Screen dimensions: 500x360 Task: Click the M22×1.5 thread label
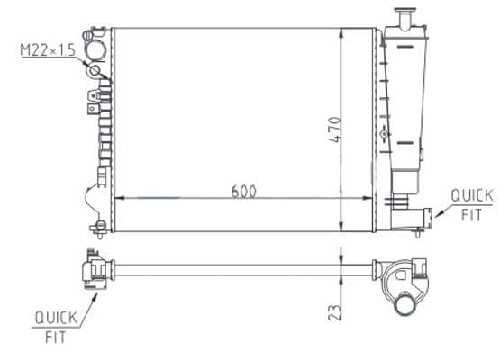point(48,50)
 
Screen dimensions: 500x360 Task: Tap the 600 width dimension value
point(243,192)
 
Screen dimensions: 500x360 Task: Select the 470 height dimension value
point(334,130)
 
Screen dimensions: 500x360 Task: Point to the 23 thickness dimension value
point(334,312)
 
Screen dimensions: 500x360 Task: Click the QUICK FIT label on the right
point(472,205)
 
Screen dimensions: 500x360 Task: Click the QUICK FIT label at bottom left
point(56,327)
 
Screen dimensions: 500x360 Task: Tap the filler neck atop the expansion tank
point(405,19)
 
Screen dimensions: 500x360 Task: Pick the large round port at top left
point(95,50)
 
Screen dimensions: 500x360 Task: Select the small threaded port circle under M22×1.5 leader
point(95,70)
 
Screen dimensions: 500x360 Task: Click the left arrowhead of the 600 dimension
point(119,198)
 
